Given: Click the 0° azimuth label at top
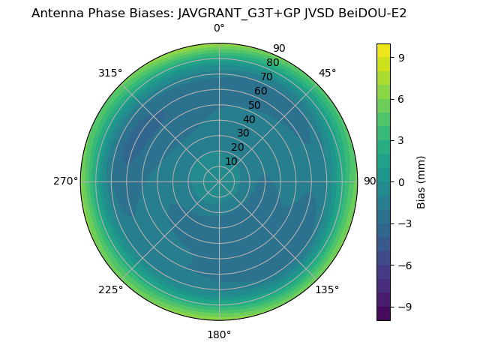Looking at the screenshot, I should (219, 28).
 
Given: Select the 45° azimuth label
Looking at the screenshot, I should (327, 73).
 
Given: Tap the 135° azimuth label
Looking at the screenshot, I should (327, 289).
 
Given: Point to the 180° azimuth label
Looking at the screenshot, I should (219, 334).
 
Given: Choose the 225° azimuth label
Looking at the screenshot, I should (110, 289).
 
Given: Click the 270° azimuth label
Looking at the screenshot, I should (65, 181).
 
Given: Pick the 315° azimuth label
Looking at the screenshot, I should (110, 73).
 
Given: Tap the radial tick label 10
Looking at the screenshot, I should (231, 161).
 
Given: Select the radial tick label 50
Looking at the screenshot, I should (255, 105).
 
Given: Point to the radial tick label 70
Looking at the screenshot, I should (266, 76).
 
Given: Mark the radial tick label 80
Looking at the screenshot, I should (272, 63).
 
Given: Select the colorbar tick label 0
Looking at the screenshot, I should (401, 181).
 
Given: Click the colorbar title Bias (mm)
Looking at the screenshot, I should (421, 181).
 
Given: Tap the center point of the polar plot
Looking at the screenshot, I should (219, 181).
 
